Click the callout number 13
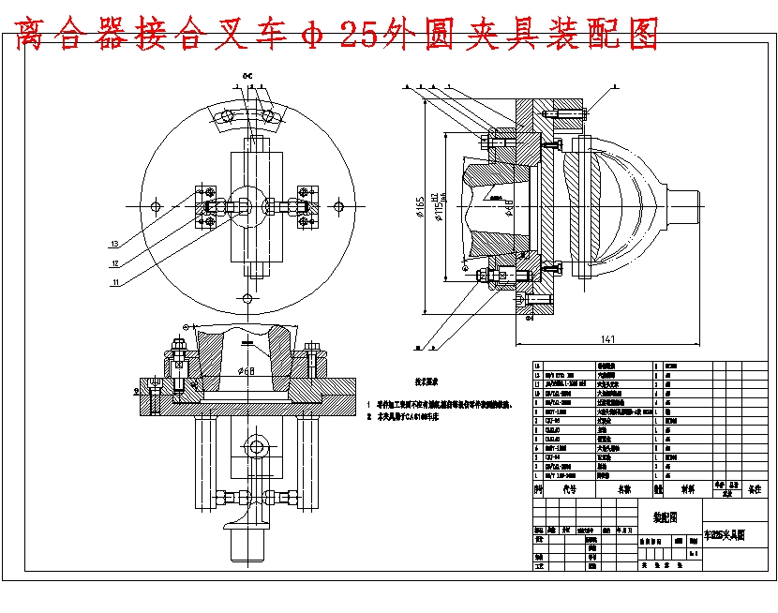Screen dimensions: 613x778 tap(113, 244)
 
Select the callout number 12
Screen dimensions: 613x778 tap(113, 262)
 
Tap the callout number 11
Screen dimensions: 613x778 tap(113, 281)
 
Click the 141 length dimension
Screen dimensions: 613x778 tap(608, 339)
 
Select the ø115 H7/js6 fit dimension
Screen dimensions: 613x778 tap(437, 207)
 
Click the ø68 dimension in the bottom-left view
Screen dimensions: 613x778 tap(247, 371)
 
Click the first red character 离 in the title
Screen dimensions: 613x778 tap(37, 35)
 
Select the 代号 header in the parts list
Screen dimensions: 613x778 tap(569, 488)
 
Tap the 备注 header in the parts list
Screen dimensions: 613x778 tap(755, 488)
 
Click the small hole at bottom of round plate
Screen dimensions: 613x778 tap(247, 298)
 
